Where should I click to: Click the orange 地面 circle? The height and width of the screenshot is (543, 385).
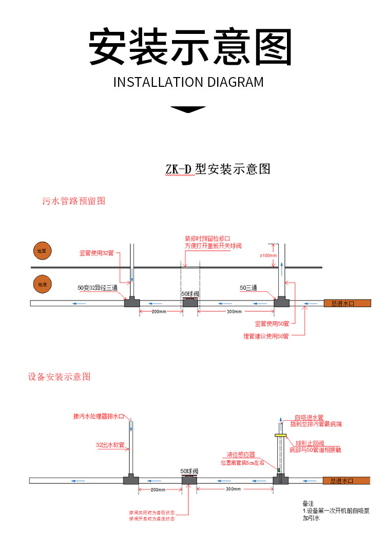(x=42, y=252)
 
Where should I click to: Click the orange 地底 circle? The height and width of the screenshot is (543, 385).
(x=42, y=284)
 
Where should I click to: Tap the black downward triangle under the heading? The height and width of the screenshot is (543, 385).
(x=187, y=109)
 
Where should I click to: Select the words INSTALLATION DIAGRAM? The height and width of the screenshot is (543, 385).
(x=188, y=82)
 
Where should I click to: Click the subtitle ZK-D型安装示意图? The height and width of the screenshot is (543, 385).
(x=218, y=169)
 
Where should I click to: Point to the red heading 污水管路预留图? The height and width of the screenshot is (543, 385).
(x=73, y=201)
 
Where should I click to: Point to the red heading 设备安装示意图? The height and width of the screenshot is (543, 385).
(x=59, y=377)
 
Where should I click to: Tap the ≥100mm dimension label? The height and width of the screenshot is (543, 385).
(x=268, y=255)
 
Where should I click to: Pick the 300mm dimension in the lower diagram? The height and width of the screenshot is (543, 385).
(x=233, y=489)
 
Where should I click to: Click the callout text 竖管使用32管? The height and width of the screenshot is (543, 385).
(x=97, y=253)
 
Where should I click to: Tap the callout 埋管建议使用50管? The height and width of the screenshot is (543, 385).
(x=266, y=336)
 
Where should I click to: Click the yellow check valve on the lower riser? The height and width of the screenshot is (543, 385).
(x=280, y=435)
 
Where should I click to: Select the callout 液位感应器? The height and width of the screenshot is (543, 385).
(x=241, y=455)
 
